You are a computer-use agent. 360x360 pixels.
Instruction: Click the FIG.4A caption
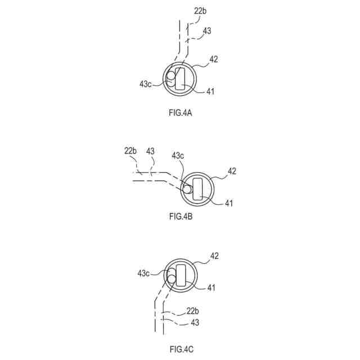tap(180, 113)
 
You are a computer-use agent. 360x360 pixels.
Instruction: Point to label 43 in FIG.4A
tap(207, 31)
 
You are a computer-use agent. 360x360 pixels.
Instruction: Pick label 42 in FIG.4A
tap(214, 58)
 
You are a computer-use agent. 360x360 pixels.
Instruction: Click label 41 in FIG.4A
tap(210, 91)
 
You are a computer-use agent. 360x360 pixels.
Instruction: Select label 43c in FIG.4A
tap(145, 84)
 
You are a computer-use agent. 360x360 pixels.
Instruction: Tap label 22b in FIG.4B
tap(130, 151)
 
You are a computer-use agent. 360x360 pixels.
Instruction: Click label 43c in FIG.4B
tap(178, 155)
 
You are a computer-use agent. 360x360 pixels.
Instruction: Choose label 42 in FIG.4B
tap(232, 171)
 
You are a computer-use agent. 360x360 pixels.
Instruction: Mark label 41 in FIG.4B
tap(228, 202)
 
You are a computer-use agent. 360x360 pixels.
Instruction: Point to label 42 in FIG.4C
tap(214, 256)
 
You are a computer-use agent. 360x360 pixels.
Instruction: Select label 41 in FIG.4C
tap(211, 288)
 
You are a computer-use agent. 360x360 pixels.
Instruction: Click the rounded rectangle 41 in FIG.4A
tap(181, 79)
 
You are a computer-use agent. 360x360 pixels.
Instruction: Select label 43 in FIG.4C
tap(194, 322)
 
